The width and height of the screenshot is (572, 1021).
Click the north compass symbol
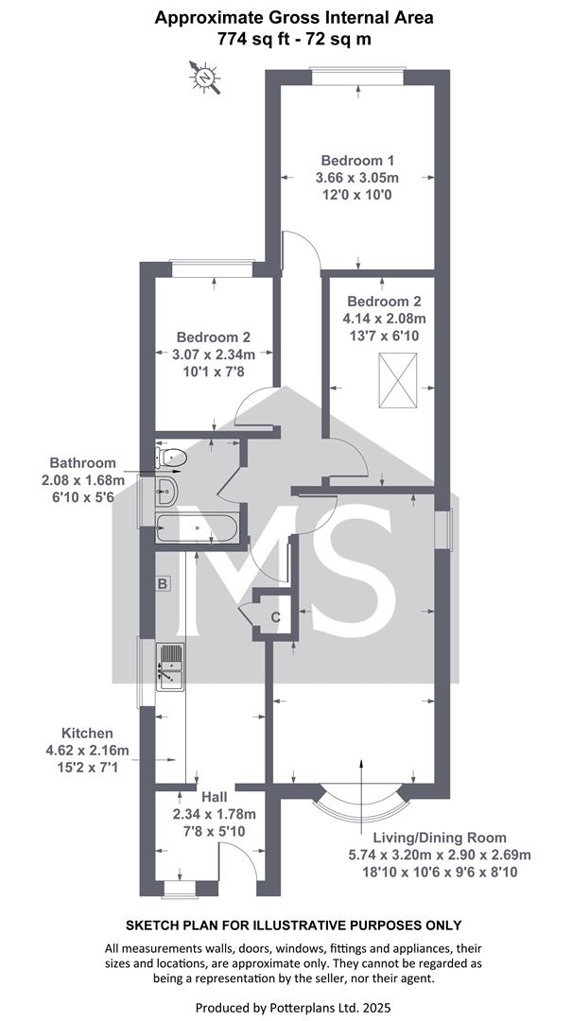(204, 78)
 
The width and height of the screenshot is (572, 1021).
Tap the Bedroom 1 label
(358, 160)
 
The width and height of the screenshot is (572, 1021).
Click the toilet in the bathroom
(171, 458)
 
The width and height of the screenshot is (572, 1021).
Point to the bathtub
(197, 528)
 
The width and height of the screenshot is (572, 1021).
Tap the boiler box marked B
(163, 583)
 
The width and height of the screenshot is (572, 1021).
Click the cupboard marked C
(275, 616)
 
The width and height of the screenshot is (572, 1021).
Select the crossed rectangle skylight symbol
(397, 380)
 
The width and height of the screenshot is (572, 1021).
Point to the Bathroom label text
(83, 463)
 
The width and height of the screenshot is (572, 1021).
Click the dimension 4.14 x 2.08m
(385, 319)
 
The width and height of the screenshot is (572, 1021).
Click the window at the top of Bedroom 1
(357, 77)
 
